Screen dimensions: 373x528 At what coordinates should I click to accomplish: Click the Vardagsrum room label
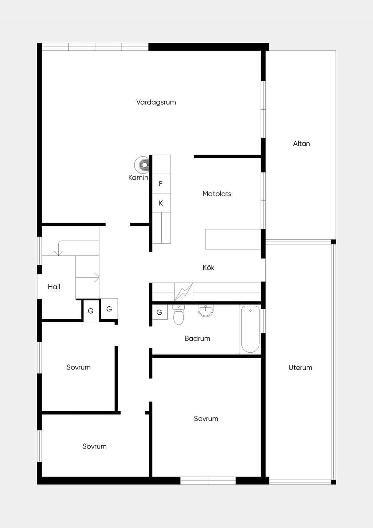click(x=156, y=102)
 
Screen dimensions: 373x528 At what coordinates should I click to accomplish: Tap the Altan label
click(x=301, y=143)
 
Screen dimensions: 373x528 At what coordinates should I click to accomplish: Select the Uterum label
click(x=300, y=368)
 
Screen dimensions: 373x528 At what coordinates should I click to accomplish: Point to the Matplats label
click(x=217, y=194)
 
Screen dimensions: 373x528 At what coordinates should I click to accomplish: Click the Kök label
click(x=208, y=268)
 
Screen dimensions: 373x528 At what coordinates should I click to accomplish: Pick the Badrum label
click(x=197, y=338)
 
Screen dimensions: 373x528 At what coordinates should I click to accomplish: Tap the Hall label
click(x=54, y=287)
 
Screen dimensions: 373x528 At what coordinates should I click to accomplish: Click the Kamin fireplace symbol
click(x=142, y=164)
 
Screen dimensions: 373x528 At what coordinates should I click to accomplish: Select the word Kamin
click(x=138, y=178)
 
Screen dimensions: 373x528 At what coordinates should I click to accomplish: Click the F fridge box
click(x=161, y=184)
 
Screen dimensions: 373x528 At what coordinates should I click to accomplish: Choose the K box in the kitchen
click(x=161, y=203)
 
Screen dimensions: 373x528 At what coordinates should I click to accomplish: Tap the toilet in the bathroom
click(x=178, y=314)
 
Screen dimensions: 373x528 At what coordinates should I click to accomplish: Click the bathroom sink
click(x=205, y=310)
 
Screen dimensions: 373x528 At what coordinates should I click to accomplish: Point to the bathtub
click(x=250, y=329)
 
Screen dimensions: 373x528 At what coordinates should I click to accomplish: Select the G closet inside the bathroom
click(x=160, y=312)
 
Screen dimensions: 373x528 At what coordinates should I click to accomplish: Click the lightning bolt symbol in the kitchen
click(x=184, y=292)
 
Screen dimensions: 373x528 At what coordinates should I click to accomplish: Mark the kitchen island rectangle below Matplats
click(x=233, y=239)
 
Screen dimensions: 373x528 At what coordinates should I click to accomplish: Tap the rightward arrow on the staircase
click(x=87, y=277)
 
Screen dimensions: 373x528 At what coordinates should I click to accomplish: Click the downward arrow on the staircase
click(x=59, y=248)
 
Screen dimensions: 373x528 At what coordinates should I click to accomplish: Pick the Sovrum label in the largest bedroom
click(x=206, y=419)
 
